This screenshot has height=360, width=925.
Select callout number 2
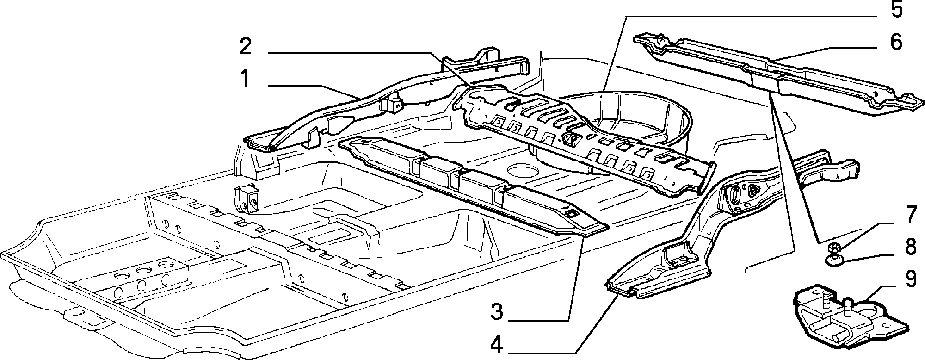pos(246,47)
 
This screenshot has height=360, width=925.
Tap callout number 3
pos(496,312)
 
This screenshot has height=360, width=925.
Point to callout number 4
pos(496,344)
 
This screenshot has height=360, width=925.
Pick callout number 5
pos(896,10)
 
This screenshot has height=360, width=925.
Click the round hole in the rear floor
pos(524,170)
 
